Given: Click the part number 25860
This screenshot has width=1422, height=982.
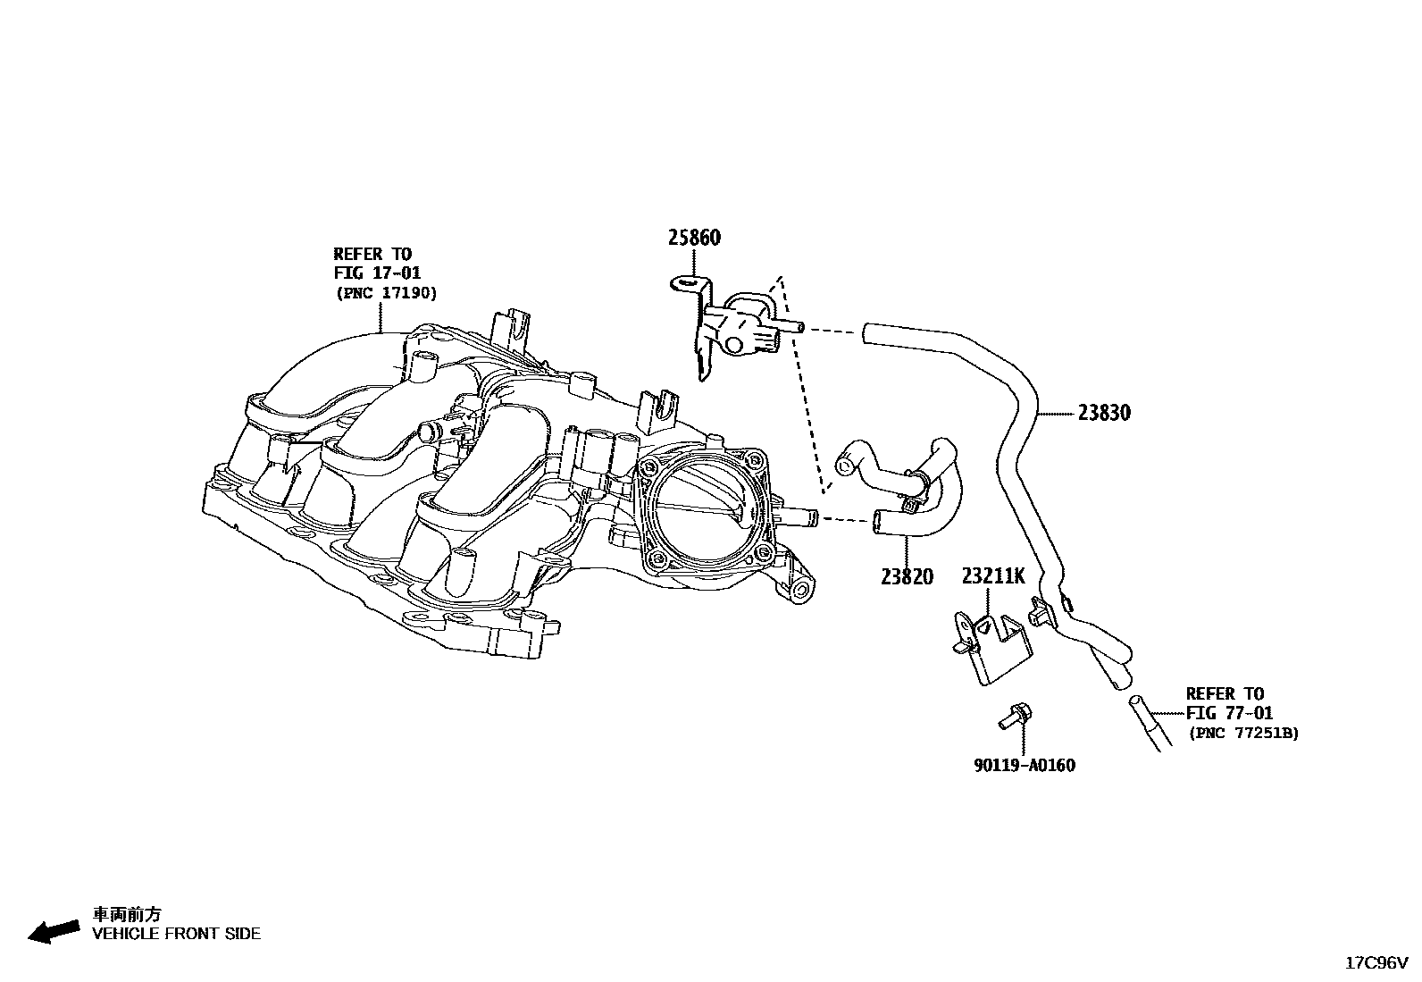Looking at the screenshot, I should (x=694, y=238).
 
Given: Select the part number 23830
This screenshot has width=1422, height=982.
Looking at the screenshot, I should (x=1104, y=413).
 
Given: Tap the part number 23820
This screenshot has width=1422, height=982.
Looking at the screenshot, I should (x=906, y=576).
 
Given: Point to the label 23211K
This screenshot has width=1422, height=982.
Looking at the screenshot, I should (x=993, y=576).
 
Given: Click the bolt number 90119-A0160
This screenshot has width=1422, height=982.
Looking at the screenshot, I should (x=1024, y=765).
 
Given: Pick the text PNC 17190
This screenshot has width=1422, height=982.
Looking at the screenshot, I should (x=387, y=292).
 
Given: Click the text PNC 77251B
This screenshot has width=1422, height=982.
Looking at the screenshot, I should (x=1243, y=733).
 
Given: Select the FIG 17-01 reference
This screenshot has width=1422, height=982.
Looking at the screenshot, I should (x=377, y=273).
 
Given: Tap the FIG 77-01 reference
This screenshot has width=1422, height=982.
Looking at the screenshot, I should (x=1230, y=713).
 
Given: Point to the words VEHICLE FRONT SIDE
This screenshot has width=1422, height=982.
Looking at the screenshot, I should (x=177, y=934).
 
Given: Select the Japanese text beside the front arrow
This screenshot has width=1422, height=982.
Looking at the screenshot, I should (x=128, y=914).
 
